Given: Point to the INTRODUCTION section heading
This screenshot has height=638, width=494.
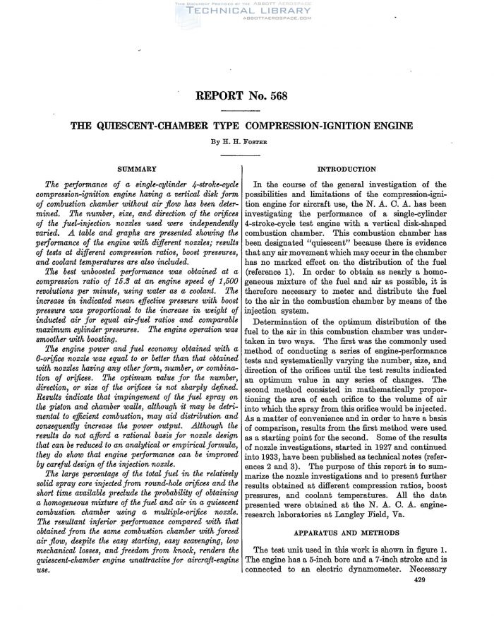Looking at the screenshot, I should [x=347, y=170].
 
